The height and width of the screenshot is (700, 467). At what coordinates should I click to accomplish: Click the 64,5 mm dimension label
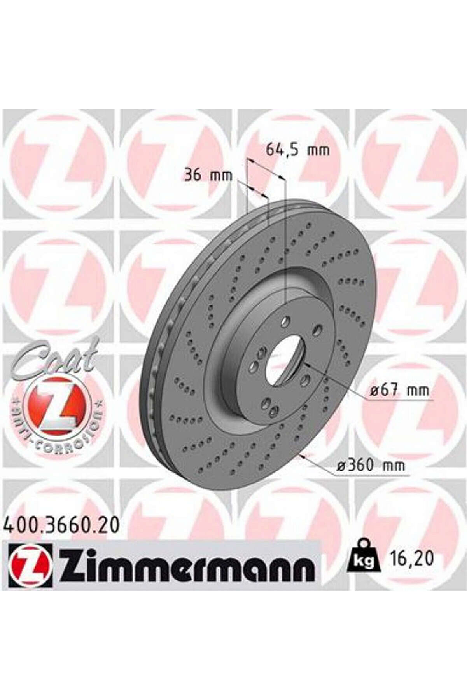pyautogui.click(x=298, y=150)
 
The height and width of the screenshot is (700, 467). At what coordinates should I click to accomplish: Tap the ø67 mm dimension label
pyautogui.click(x=399, y=390)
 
